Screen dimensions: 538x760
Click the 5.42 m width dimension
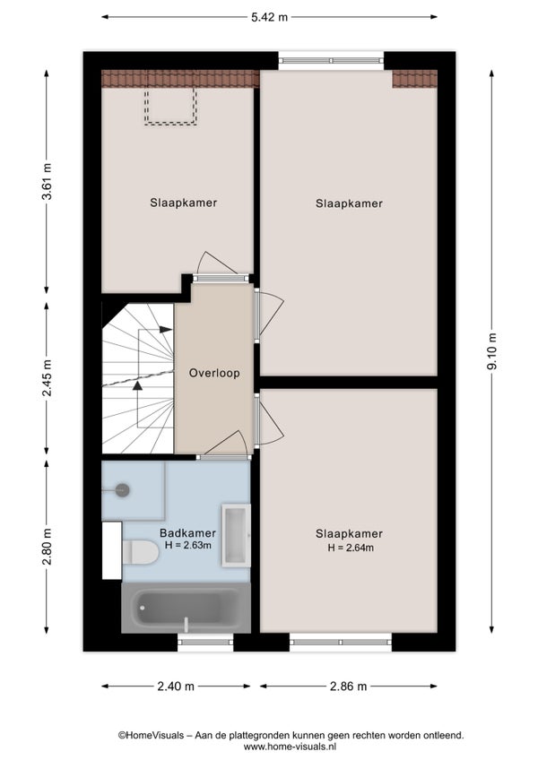269,17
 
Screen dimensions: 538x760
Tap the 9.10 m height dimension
492,351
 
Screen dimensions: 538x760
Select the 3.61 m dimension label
47,182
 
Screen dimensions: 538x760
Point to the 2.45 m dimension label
47,378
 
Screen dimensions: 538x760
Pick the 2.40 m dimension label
176,687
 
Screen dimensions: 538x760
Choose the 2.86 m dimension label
348,687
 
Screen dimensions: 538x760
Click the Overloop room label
214,373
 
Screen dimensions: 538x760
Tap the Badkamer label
187,533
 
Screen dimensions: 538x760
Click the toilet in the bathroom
140,553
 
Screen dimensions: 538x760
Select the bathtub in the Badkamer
186,608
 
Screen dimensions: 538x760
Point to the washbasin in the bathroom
236,536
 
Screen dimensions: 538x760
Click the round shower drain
123,490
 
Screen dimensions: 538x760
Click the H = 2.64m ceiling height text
351,548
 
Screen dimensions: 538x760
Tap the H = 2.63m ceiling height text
187,545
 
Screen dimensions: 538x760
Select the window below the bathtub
205,642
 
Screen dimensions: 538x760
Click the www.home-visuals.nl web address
291,747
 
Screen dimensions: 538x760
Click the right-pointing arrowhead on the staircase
166,330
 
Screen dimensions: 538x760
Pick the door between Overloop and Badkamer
224,444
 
